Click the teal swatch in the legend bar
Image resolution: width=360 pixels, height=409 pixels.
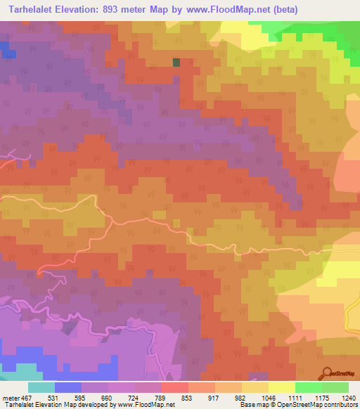[x=41, y=387]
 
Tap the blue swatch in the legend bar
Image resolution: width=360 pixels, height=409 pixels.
[x=68, y=387]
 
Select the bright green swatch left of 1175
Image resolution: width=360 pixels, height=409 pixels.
[x=308, y=387]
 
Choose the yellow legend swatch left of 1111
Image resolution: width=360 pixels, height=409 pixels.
[x=281, y=387]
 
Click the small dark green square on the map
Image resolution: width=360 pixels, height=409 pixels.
[x=176, y=63]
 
